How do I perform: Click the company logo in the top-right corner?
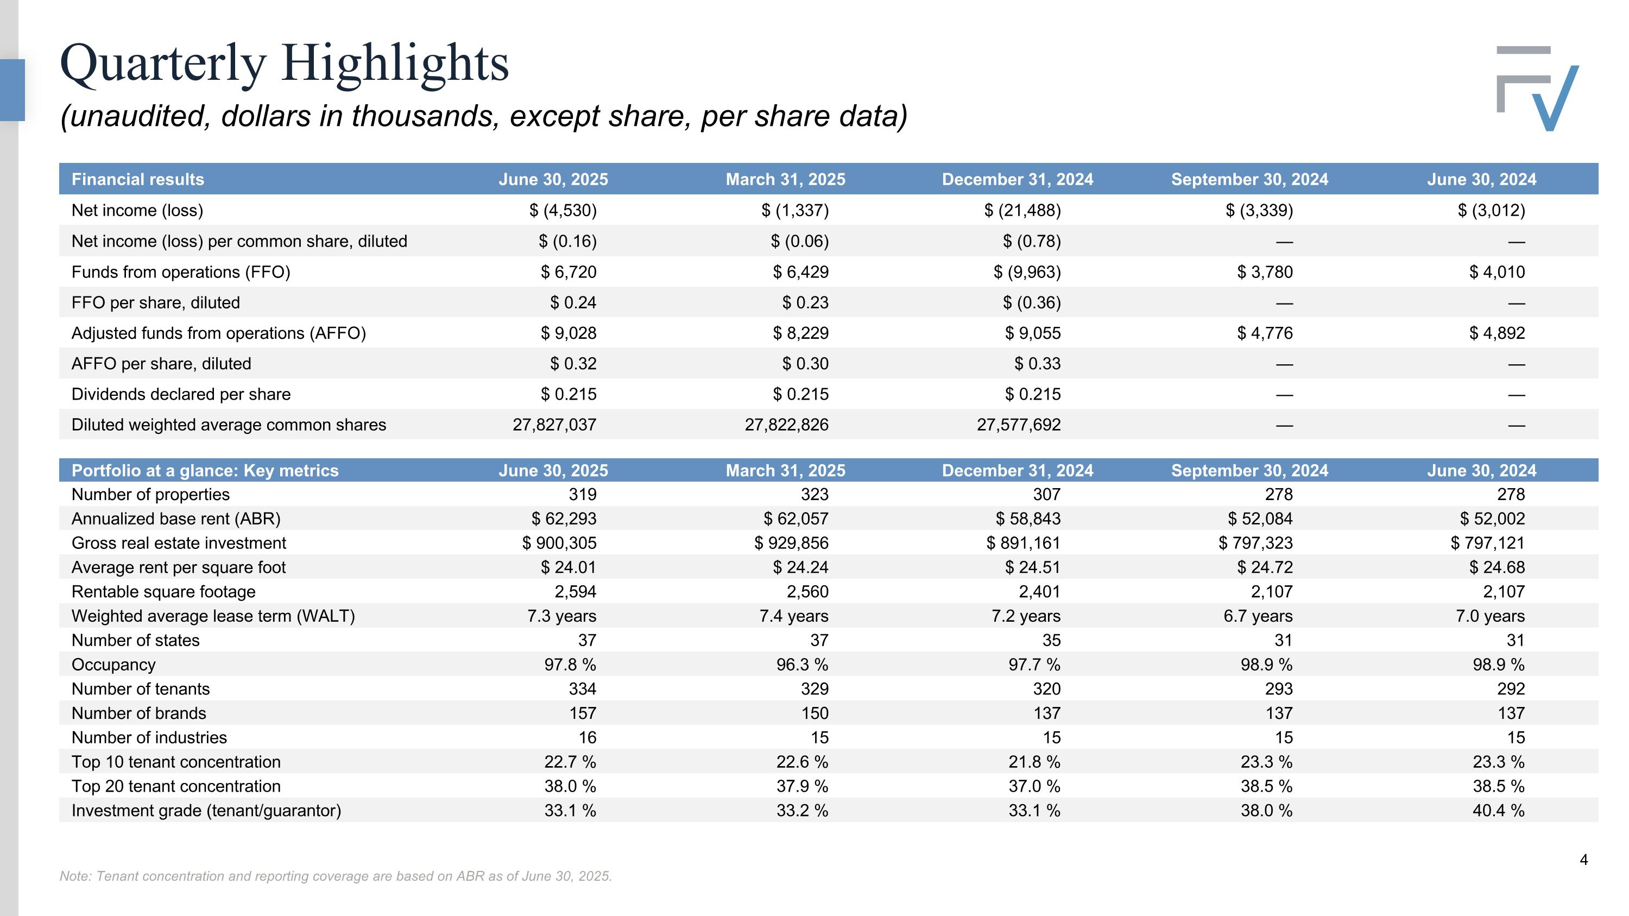tap(1537, 89)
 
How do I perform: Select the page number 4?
tap(1583, 860)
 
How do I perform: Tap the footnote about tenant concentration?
tap(336, 876)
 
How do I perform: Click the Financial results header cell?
tap(138, 180)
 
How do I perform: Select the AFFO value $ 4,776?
tap(1265, 333)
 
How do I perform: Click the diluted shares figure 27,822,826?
tap(787, 425)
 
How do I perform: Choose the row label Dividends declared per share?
tap(181, 394)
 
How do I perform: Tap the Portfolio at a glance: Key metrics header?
tap(205, 470)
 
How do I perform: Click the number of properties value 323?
tap(815, 494)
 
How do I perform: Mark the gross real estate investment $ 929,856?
tap(791, 543)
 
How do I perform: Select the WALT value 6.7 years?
tap(1258, 616)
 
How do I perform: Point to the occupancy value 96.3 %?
tap(803, 665)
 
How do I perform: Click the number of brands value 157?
tap(583, 713)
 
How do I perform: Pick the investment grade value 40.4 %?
tap(1499, 811)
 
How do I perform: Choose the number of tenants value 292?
tap(1511, 689)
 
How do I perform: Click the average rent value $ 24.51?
tap(1033, 567)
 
